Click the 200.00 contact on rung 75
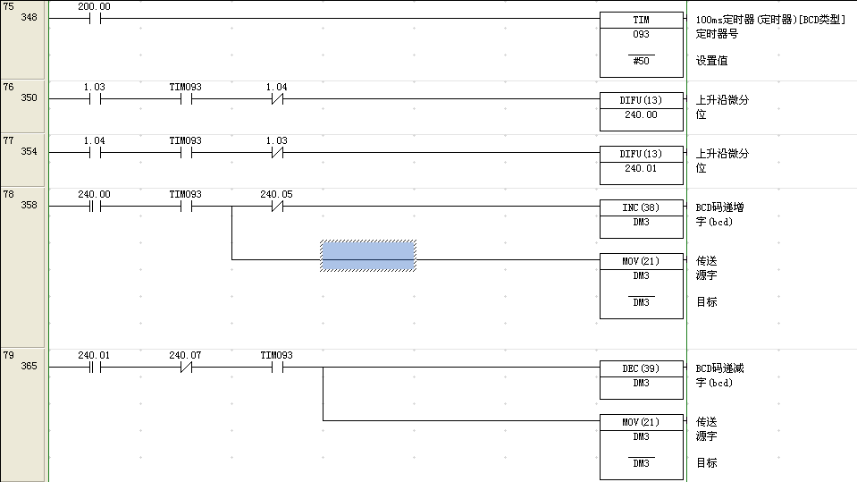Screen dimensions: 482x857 pyautogui.click(x=94, y=18)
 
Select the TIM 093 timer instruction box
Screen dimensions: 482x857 pyautogui.click(x=641, y=45)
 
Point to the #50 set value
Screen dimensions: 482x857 pyautogui.click(x=641, y=61)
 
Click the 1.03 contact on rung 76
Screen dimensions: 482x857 pyautogui.click(x=94, y=98)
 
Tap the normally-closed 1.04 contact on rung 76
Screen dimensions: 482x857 pyautogui.click(x=276, y=98)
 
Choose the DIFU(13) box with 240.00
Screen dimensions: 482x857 pyautogui.click(x=641, y=107)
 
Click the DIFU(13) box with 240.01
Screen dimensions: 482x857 pyautogui.click(x=641, y=161)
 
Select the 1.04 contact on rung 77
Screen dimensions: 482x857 pyautogui.click(x=94, y=152)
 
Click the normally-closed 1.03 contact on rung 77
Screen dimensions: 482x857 pyautogui.click(x=276, y=152)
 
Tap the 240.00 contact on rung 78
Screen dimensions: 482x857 pyautogui.click(x=94, y=206)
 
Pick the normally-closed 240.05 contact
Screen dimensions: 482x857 pyautogui.click(x=276, y=206)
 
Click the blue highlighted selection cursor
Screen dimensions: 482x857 pyautogui.click(x=368, y=256)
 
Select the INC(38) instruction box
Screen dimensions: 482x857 pyautogui.click(x=641, y=215)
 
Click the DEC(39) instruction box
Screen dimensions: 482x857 pyautogui.click(x=641, y=376)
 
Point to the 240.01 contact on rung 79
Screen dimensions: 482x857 pyautogui.click(x=94, y=367)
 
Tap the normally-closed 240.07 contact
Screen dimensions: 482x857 pyautogui.click(x=185, y=367)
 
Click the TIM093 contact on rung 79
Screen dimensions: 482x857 pyautogui.click(x=276, y=367)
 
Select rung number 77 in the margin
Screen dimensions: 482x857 pyautogui.click(x=9, y=140)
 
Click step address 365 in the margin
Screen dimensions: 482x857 pyautogui.click(x=29, y=366)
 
